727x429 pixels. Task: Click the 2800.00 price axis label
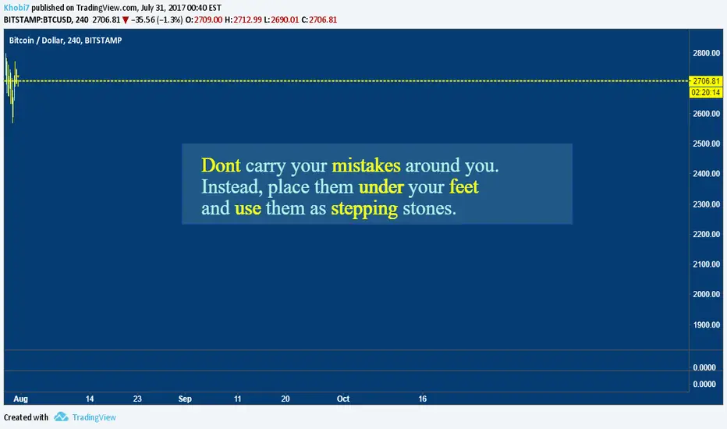point(706,53)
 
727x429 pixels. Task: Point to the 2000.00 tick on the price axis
point(706,295)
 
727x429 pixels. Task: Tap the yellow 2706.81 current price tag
point(706,81)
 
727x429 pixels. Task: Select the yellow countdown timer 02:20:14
point(706,93)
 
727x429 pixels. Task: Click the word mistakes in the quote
point(367,165)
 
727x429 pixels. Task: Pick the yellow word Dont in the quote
point(221,165)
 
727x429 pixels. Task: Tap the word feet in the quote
point(463,187)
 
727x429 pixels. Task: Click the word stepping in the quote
point(364,209)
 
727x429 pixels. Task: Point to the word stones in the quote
point(429,208)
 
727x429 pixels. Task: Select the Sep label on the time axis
point(185,399)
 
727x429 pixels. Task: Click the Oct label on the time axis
point(343,399)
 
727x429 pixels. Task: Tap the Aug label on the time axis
point(20,399)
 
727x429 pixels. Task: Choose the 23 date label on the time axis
point(137,399)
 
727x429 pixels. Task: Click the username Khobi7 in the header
point(16,8)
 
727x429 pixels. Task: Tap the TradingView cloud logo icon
point(61,417)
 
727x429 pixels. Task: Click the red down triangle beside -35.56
point(125,20)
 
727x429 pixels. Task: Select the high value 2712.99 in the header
point(247,20)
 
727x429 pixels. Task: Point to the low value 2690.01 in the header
point(285,20)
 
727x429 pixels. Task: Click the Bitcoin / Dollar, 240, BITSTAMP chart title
point(66,41)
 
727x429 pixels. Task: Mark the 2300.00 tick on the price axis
point(706,204)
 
